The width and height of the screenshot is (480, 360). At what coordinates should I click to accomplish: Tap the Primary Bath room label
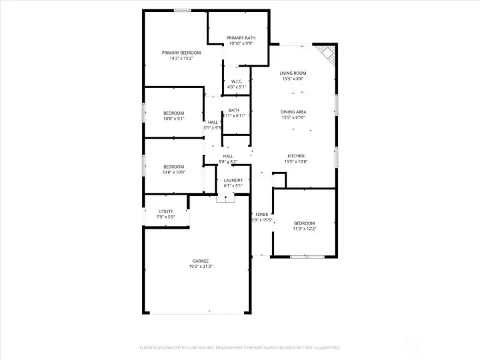[241, 38]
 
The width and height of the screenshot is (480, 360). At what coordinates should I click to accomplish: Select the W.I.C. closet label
[237, 81]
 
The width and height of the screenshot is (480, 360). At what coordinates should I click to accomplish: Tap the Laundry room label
[233, 180]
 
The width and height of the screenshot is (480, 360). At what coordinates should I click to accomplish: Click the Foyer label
[262, 214]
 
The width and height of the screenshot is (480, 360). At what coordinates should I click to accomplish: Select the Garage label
[201, 261]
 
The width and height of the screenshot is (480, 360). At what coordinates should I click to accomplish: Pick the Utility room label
[165, 211]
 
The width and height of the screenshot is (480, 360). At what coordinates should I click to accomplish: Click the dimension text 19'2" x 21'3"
[201, 267]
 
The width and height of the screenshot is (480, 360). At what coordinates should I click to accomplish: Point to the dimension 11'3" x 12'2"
[305, 229]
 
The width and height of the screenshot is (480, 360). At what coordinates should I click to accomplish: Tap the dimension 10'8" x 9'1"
[173, 119]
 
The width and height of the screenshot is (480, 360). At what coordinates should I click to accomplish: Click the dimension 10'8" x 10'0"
[173, 172]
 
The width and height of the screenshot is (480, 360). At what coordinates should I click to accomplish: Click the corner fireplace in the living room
[326, 53]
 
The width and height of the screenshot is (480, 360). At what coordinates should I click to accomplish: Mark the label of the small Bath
[234, 111]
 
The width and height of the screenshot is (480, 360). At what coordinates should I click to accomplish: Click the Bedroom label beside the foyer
[305, 223]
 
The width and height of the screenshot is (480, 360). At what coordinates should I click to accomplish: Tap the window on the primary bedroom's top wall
[183, 10]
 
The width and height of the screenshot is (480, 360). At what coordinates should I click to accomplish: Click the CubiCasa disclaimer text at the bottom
[239, 347]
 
